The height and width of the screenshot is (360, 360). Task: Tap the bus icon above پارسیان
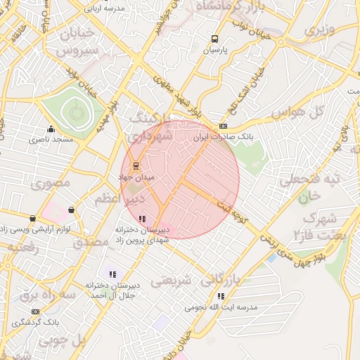click(x=214, y=39)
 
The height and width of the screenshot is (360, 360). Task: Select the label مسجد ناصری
click(x=51, y=140)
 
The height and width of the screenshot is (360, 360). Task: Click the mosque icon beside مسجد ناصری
click(x=50, y=129)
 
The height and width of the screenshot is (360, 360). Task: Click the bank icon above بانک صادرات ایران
click(x=223, y=126)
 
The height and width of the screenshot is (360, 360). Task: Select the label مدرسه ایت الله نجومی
click(x=221, y=307)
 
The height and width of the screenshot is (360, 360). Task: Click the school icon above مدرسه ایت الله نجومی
click(x=221, y=297)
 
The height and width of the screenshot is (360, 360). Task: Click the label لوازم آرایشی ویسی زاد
click(x=33, y=229)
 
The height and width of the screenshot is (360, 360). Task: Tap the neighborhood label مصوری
click(x=50, y=183)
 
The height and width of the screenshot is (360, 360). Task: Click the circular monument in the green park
click(x=75, y=111)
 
